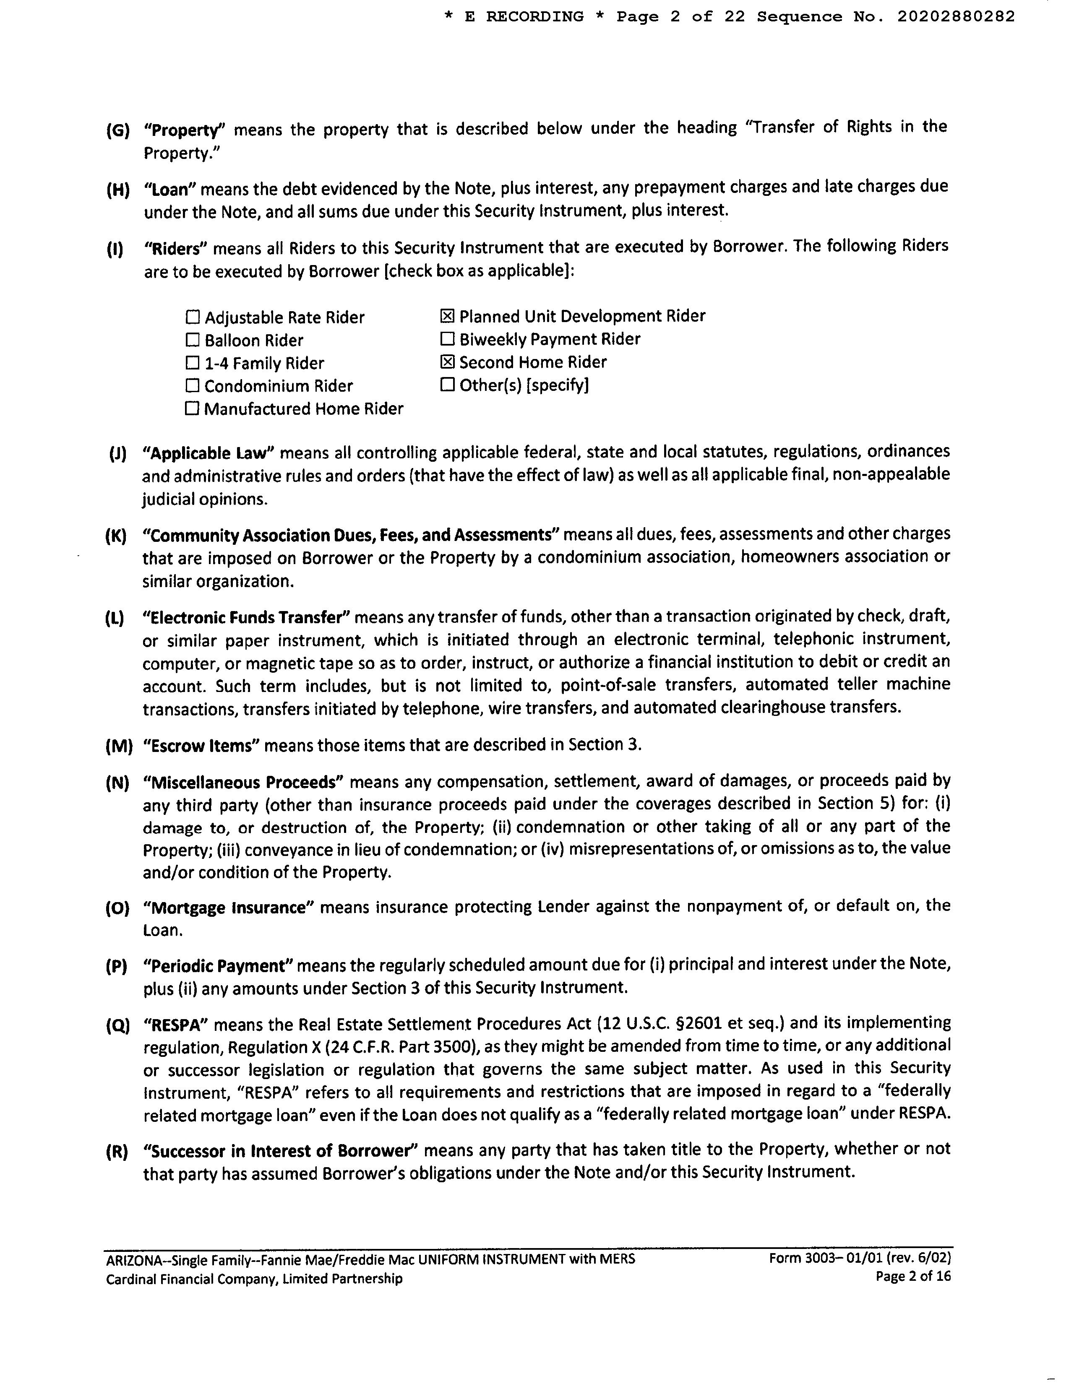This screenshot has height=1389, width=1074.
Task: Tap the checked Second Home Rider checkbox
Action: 447,362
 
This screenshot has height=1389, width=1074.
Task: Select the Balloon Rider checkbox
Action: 192,340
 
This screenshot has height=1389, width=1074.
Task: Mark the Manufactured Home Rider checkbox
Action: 192,408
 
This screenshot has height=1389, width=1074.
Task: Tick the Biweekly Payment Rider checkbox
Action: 447,338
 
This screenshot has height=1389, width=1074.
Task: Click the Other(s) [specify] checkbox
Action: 447,385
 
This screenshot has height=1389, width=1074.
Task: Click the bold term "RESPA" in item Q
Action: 176,1025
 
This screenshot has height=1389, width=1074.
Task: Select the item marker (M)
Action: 118,746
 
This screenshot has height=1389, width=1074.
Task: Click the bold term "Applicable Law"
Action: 208,453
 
